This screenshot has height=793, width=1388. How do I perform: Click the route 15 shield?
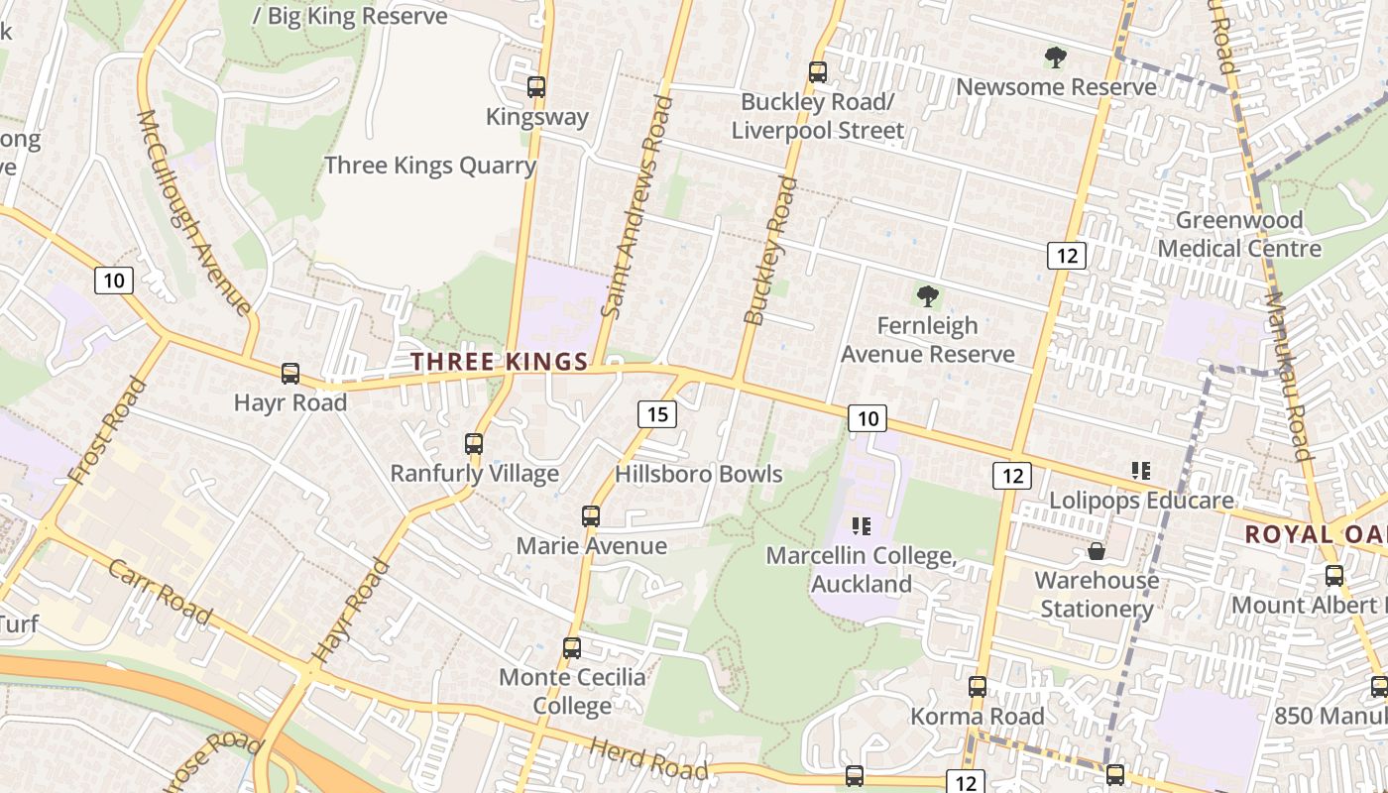(656, 414)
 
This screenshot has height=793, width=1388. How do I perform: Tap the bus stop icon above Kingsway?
(536, 87)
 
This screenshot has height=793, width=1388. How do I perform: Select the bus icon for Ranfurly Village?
(474, 444)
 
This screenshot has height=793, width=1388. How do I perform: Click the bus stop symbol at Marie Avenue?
(591, 516)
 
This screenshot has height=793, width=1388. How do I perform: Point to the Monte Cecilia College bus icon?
(572, 648)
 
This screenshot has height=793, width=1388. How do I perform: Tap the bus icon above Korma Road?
(978, 687)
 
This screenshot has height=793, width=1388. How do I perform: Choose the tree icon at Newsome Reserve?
(1056, 57)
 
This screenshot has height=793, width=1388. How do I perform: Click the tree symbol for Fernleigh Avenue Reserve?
(928, 295)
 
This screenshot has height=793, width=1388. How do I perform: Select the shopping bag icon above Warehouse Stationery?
(1097, 551)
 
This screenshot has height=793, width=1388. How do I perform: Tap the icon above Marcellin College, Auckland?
(861, 525)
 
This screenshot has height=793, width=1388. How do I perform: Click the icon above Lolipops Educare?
(1140, 471)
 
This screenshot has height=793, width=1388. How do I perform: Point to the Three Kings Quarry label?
(430, 165)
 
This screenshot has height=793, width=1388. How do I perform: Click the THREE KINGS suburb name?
(501, 362)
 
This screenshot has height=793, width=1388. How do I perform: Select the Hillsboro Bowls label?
(699, 474)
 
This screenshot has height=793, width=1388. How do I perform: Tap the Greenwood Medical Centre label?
(1239, 234)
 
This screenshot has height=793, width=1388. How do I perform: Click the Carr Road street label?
(159, 593)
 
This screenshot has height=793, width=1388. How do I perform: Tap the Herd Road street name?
(649, 758)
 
